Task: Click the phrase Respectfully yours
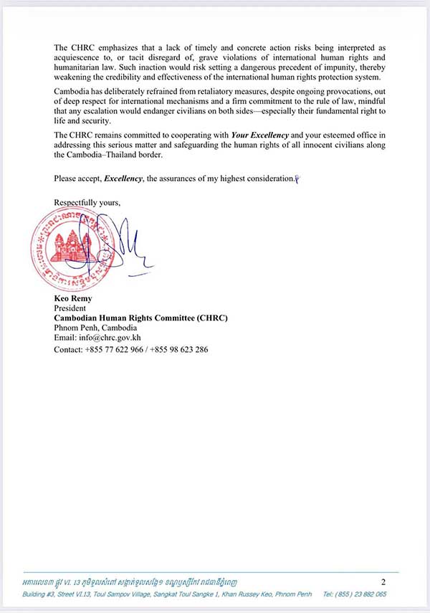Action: pos(87,202)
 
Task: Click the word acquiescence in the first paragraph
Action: pos(77,57)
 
